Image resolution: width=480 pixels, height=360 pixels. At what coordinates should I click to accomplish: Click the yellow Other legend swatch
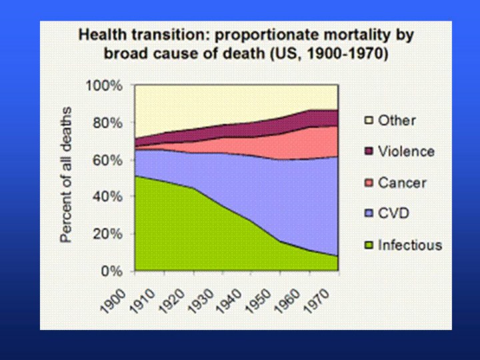tap(368, 121)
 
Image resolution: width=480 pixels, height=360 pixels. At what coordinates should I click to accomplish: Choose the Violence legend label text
tap(406, 151)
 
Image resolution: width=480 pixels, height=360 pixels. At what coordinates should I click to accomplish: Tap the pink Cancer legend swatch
tap(368, 183)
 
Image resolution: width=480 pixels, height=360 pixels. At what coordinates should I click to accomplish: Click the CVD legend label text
tap(393, 214)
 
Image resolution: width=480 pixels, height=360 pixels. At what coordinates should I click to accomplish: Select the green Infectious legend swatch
tap(368, 245)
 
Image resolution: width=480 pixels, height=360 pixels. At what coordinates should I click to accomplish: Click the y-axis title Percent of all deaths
tap(67, 175)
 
